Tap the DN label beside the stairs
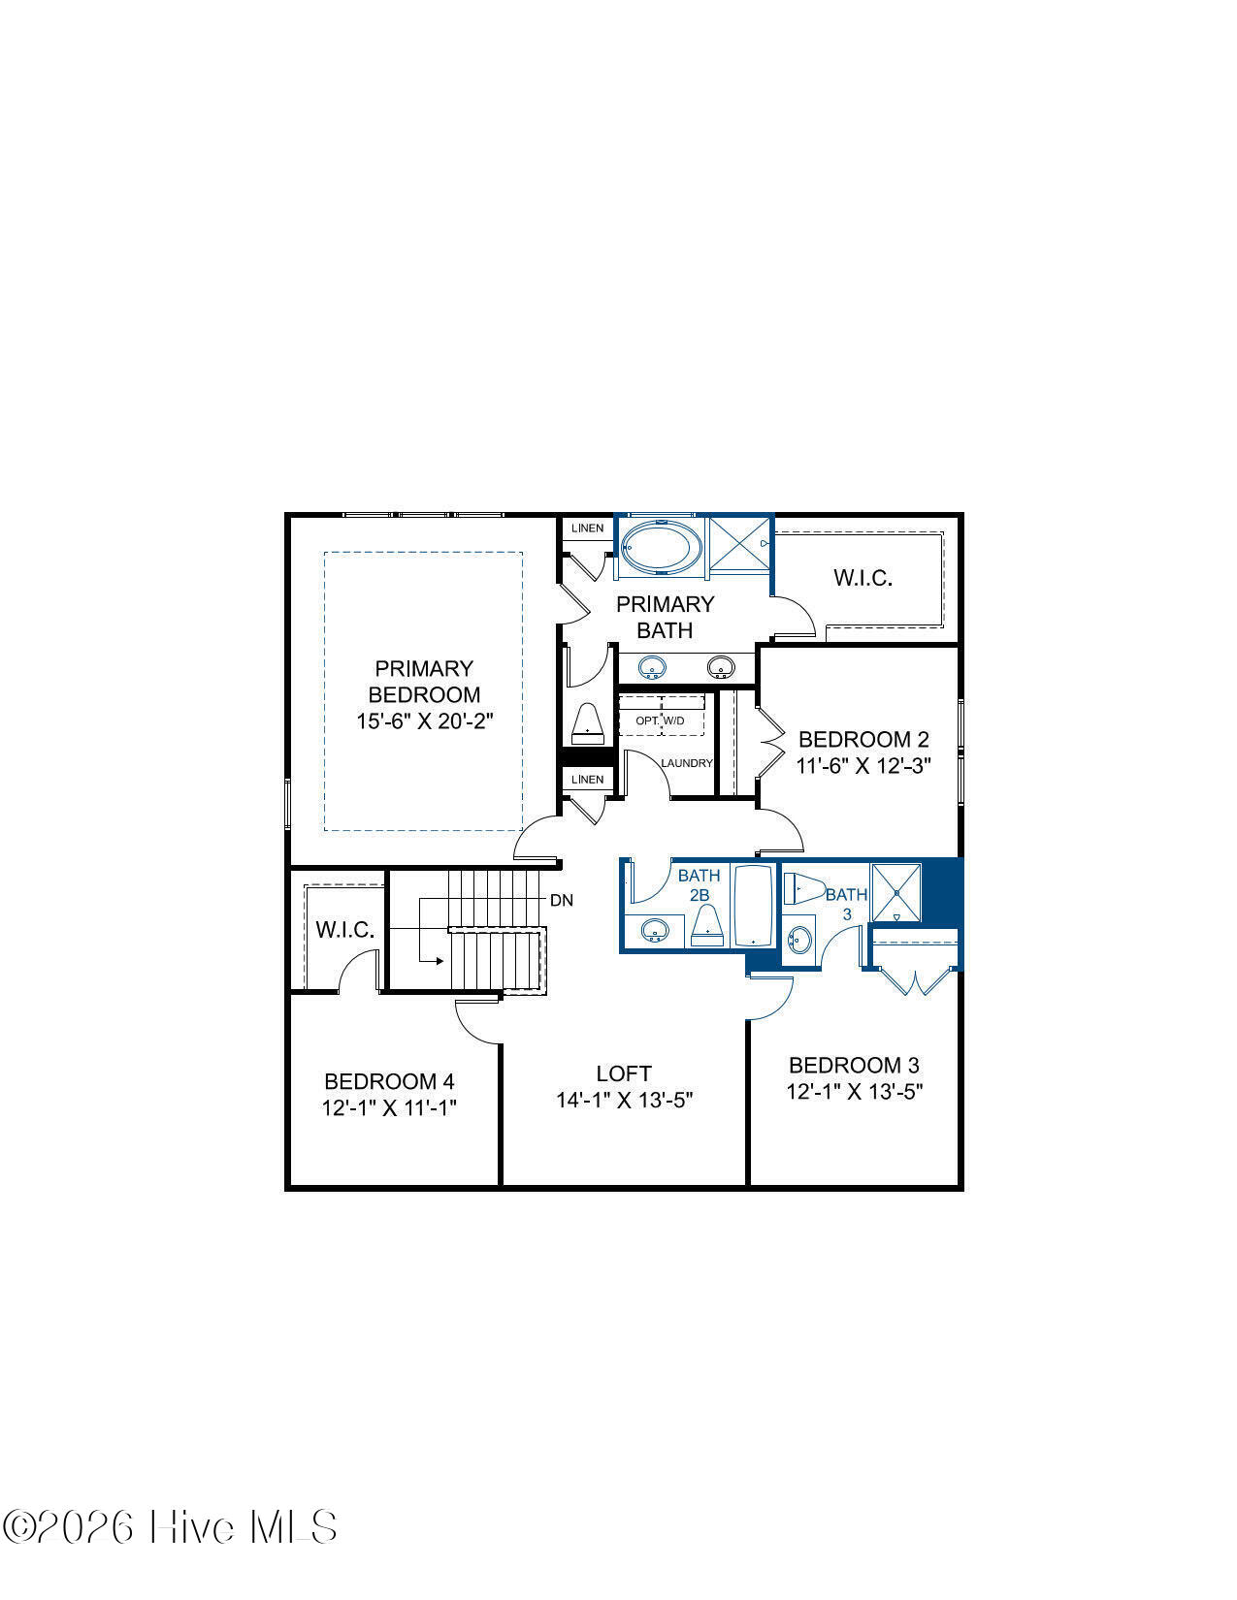click(x=562, y=901)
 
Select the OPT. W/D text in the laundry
click(x=660, y=720)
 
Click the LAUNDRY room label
click(x=687, y=763)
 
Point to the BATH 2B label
click(x=700, y=885)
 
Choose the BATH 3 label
click(x=847, y=904)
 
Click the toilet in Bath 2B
click(x=707, y=925)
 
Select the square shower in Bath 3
click(x=895, y=892)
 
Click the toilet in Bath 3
click(x=803, y=888)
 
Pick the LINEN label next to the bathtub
click(x=587, y=528)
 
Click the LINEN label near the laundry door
click(x=587, y=779)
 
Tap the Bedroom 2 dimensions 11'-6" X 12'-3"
click(x=863, y=766)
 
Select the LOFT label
click(x=624, y=1073)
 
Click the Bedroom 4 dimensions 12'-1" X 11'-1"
click(x=389, y=1107)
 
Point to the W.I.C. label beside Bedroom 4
click(x=344, y=930)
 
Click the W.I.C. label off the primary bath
click(x=863, y=578)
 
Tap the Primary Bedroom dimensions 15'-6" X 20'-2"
click(x=424, y=720)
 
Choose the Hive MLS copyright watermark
click(x=170, y=1527)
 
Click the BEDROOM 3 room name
click(x=855, y=1066)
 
